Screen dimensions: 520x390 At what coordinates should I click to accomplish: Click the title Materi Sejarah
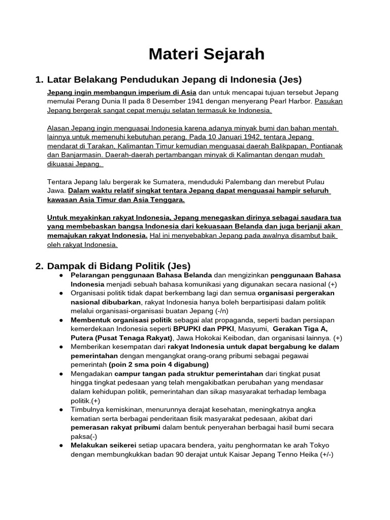click(x=206, y=54)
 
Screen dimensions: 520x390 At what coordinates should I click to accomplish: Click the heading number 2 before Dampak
click(x=39, y=266)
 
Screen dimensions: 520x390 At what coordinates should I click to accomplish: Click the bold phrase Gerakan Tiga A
click(x=300, y=329)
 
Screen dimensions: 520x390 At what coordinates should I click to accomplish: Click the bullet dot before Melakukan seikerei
click(x=61, y=445)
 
